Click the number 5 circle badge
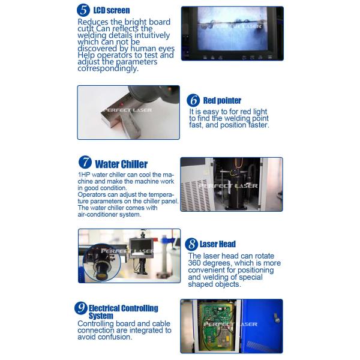click(x=83, y=10)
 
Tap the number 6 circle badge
click(x=193, y=100)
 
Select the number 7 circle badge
click(x=85, y=162)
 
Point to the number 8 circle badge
click(x=191, y=244)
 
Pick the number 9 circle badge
click(x=81, y=308)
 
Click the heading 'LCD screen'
click(x=112, y=10)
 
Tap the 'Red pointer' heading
click(x=222, y=100)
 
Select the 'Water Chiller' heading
click(x=121, y=164)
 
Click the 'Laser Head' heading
click(x=218, y=244)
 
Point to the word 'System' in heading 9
click(x=101, y=316)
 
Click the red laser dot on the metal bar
click(x=122, y=104)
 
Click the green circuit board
click(x=216, y=325)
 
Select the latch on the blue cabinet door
click(x=277, y=319)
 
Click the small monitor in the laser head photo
click(x=140, y=248)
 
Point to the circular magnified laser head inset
click(x=102, y=262)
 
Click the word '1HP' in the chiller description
click(x=84, y=175)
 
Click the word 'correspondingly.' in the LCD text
click(x=108, y=68)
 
